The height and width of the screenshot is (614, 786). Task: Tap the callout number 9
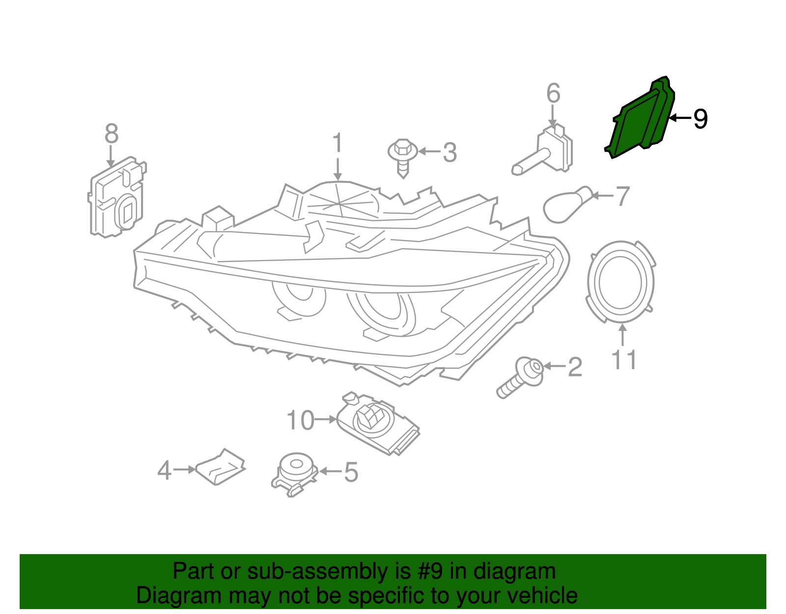[x=700, y=118]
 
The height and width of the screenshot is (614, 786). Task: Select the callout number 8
[x=112, y=134]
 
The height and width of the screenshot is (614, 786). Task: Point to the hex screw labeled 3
[x=403, y=156]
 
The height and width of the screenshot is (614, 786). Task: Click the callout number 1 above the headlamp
[x=337, y=143]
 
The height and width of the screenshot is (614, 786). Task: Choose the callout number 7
[x=622, y=196]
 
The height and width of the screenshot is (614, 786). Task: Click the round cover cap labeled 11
[x=620, y=281]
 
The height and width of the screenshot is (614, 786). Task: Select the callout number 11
[x=624, y=360]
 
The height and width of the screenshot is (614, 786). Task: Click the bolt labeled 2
[x=522, y=378]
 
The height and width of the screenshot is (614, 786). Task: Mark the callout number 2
[x=575, y=367]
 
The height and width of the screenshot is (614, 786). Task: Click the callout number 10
[x=300, y=420]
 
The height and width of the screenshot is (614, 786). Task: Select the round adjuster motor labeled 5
[x=295, y=472]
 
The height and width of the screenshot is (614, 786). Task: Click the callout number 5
[x=351, y=472]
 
